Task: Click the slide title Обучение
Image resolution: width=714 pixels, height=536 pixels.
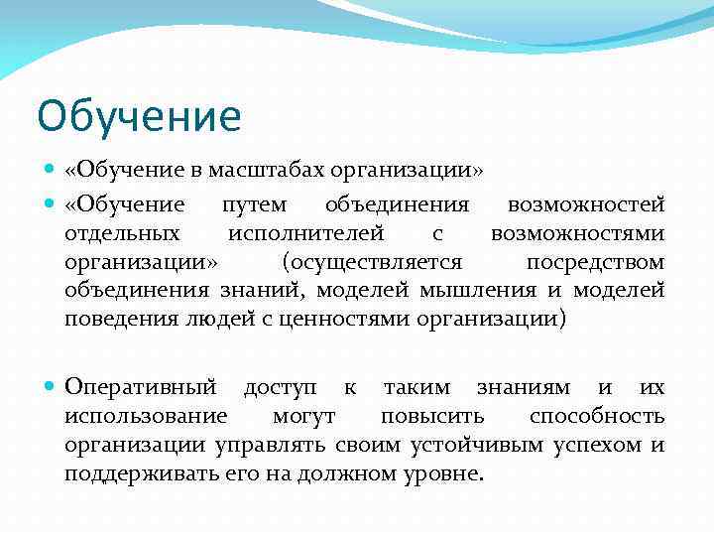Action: point(139,116)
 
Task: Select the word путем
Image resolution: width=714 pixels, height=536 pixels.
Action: point(255,205)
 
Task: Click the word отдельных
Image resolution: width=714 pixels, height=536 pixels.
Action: point(123,234)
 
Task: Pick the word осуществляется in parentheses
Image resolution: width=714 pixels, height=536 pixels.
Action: point(372,262)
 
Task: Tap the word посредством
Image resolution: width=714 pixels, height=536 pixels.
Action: point(595,262)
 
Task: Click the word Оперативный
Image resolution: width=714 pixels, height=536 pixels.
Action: point(141,387)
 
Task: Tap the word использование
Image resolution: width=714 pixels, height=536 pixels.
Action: point(145,416)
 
